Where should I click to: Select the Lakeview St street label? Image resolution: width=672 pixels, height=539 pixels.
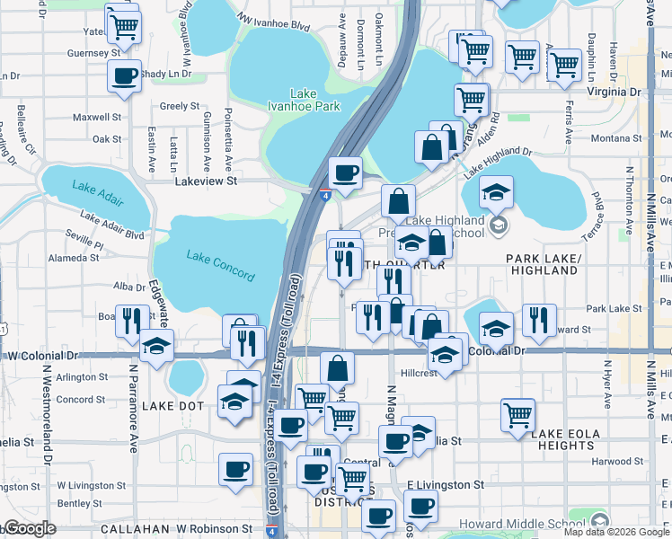[205, 181]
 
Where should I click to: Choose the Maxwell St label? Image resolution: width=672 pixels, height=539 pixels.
[97, 117]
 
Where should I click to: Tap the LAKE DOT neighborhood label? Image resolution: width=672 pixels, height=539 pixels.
[174, 406]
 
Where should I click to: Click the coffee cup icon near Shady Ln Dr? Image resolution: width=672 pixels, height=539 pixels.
[125, 75]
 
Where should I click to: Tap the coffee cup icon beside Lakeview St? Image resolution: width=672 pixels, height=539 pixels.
[345, 172]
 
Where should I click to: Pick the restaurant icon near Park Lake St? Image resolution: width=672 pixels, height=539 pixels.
[539, 319]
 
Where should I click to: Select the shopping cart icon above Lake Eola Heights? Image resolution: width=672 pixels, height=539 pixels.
[517, 414]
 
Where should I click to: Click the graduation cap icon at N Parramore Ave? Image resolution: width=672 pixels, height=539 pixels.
[156, 344]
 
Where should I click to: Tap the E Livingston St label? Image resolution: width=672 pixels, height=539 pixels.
[445, 485]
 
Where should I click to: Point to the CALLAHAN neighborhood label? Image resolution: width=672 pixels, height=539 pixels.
[130, 529]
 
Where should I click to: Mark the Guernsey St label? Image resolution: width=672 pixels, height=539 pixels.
[95, 53]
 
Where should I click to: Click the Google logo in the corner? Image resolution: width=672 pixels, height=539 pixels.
[29, 528]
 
